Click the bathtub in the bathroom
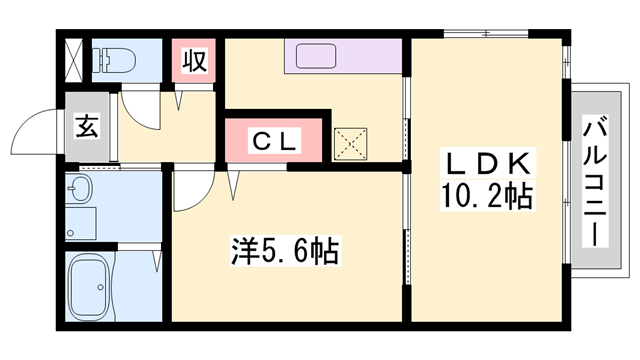coord(90,286)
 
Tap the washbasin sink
coord(80,191)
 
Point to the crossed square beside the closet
coord(350,142)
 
